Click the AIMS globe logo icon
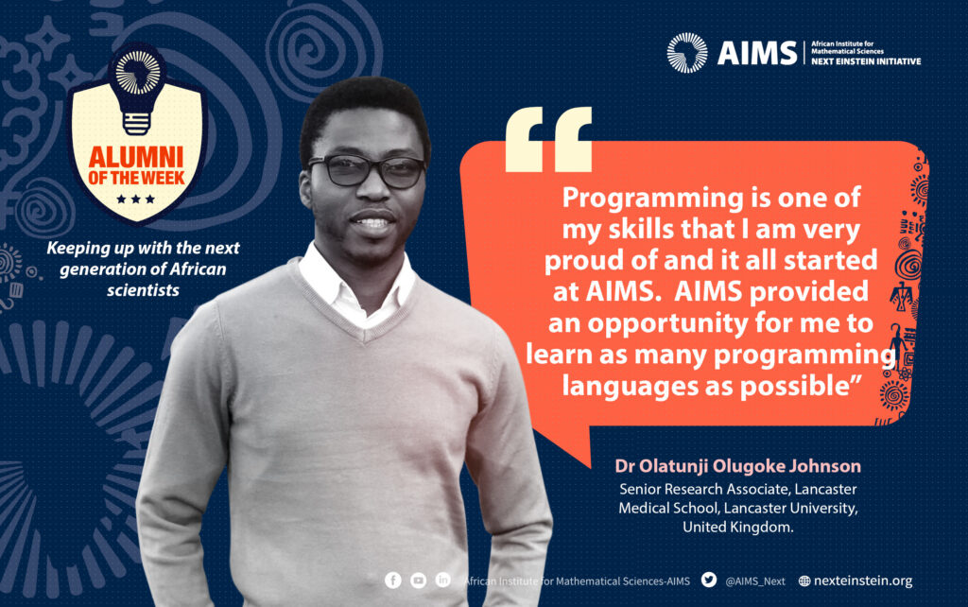tap(687, 53)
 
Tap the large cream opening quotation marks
tap(548, 139)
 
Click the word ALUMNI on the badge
tap(136, 157)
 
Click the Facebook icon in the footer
tap(393, 581)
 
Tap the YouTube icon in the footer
tap(418, 581)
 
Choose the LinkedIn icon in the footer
tap(443, 581)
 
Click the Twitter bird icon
tap(709, 580)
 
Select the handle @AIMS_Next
tap(755, 581)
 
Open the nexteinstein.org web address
tap(863, 581)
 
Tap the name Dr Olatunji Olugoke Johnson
tap(737, 466)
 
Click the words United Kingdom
tap(737, 527)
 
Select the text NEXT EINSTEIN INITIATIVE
tap(866, 61)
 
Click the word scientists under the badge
tap(143, 290)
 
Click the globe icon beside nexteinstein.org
tap(804, 581)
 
